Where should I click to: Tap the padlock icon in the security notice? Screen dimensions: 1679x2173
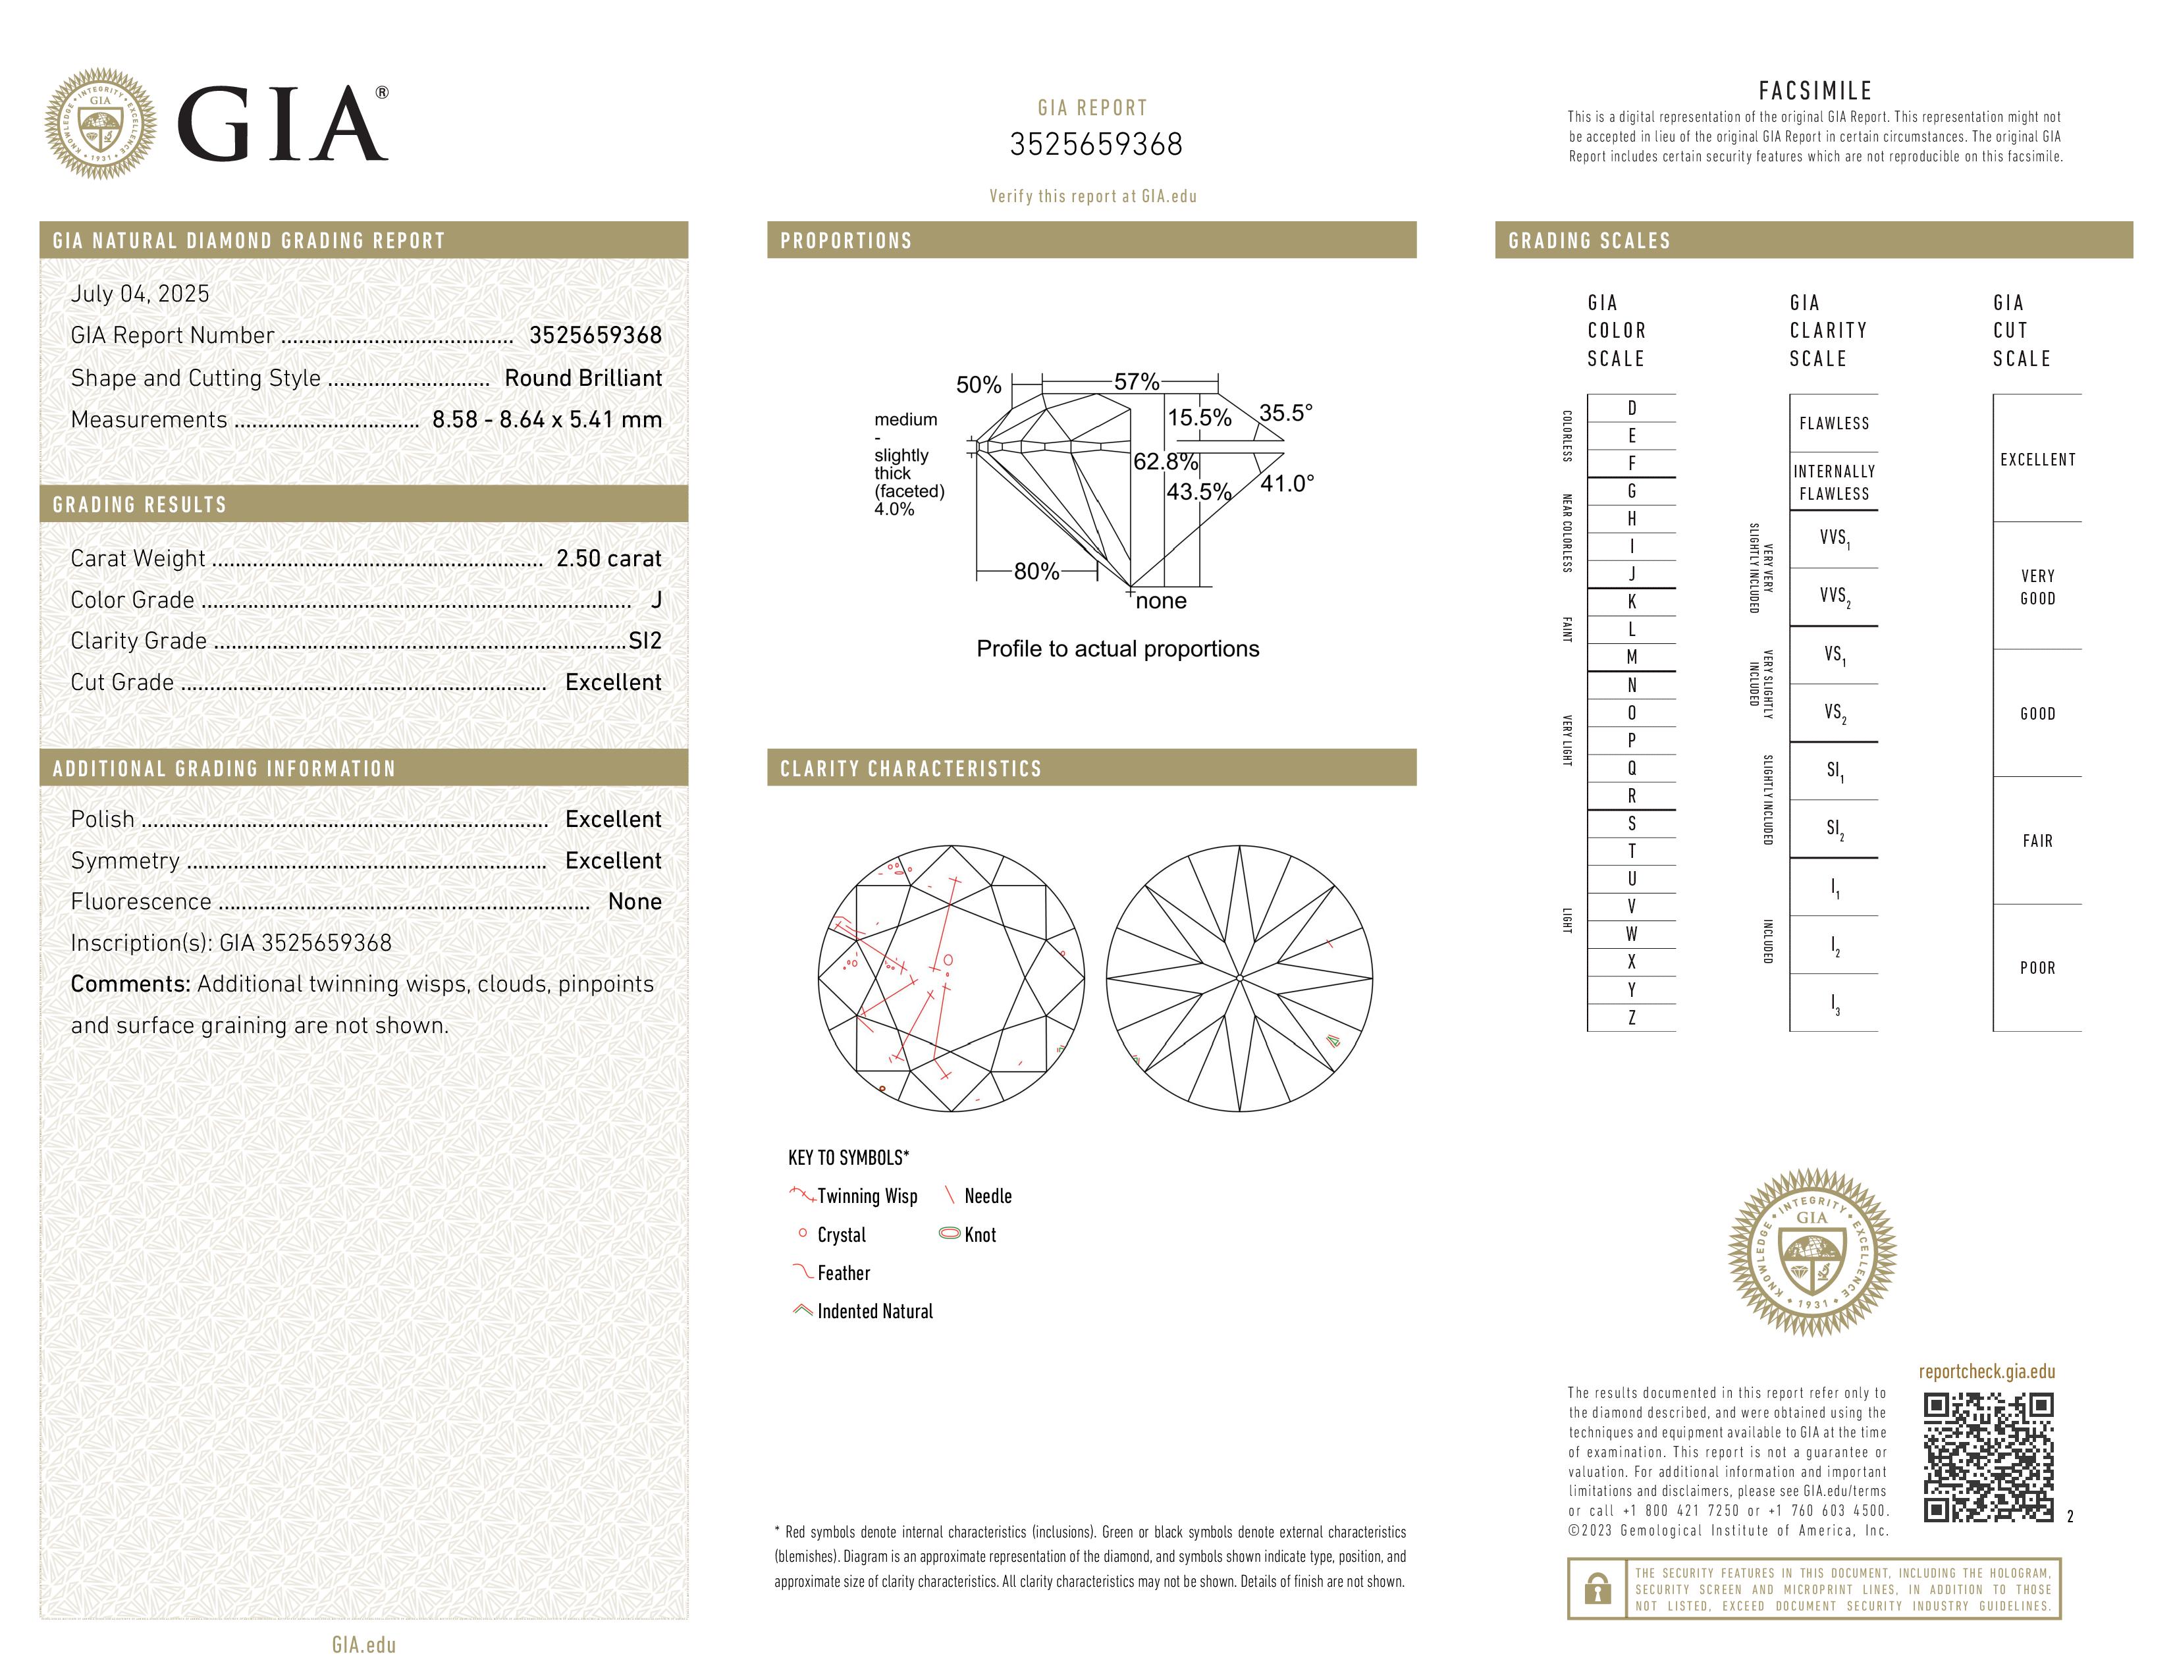point(1597,1589)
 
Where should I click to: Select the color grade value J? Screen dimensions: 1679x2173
point(656,600)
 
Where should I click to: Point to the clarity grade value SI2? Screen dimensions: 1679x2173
point(645,641)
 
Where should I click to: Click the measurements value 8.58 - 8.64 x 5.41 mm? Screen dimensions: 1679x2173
point(547,420)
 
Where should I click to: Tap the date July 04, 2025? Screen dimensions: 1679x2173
point(140,294)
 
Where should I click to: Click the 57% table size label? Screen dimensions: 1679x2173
point(1137,382)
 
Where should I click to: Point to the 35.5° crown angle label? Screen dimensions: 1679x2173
point(1285,413)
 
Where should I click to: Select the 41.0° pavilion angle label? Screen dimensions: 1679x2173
point(1287,485)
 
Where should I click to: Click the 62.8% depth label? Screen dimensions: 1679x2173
point(1165,462)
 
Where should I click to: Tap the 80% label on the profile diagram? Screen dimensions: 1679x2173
point(1036,572)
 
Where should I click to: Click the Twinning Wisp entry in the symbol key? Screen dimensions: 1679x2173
point(866,1196)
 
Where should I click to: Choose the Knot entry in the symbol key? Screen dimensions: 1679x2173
point(979,1235)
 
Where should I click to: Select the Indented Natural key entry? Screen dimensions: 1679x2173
point(874,1312)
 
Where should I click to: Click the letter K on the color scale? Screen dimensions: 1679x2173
point(1631,602)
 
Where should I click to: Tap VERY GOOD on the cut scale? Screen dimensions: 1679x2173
point(2037,587)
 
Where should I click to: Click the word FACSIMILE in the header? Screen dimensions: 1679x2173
point(1815,92)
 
